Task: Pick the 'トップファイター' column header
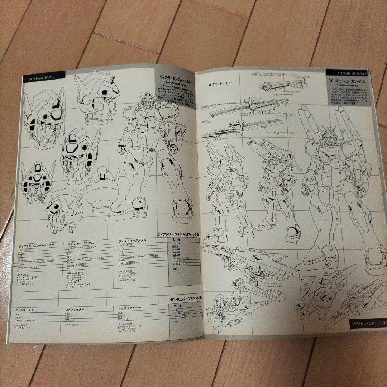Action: [x=129, y=308]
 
